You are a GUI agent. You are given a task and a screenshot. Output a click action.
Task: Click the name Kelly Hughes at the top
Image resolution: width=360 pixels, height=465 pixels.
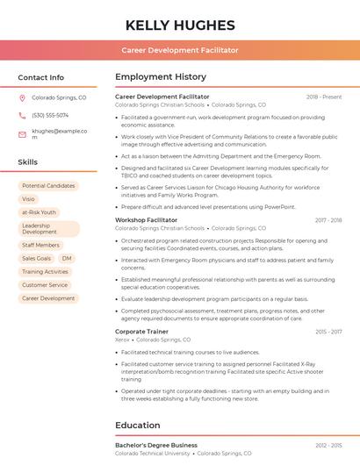[180, 25]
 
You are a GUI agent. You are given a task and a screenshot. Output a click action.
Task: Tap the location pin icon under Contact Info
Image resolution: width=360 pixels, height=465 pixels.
[22, 98]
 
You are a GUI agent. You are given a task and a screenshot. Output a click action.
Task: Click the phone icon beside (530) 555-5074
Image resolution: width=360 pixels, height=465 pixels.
[22, 115]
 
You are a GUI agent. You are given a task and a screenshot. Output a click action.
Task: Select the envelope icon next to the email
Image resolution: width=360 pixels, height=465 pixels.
[22, 134]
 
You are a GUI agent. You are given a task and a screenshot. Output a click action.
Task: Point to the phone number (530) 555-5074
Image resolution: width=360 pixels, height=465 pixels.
[50, 115]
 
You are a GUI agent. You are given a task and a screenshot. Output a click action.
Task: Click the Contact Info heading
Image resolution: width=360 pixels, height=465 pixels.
[40, 77]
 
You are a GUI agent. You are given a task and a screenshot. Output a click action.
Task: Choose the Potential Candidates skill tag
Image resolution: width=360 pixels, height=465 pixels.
[48, 186]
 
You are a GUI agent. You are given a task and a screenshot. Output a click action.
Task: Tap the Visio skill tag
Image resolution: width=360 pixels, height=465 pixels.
[29, 199]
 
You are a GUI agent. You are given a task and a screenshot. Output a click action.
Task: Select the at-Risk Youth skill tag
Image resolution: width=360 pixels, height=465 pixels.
[39, 212]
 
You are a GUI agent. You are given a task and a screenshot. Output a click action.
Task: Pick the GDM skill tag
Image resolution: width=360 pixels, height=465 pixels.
[68, 259]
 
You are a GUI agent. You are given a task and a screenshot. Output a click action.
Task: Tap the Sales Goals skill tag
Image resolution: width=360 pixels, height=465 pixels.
[36, 259]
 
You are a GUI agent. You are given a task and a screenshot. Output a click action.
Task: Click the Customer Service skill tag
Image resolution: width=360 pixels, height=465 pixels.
[45, 285]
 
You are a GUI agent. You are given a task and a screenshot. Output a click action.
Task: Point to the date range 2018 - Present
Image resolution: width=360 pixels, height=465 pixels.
[324, 97]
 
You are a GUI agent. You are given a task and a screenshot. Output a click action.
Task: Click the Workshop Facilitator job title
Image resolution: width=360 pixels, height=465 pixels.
[146, 220]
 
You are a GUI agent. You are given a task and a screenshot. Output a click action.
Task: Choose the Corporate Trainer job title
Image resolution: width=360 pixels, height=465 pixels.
[141, 332]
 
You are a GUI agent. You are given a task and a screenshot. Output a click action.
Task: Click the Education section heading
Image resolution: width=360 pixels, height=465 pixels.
[137, 426]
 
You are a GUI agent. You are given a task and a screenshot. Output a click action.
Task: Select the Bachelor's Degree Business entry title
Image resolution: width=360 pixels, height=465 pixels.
[156, 446]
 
